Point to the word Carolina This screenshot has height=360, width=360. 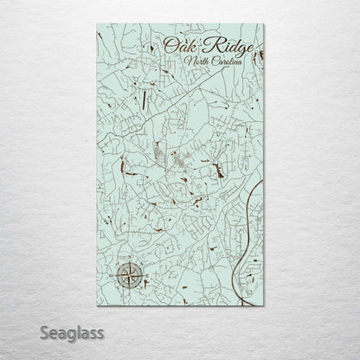point(223,62)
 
